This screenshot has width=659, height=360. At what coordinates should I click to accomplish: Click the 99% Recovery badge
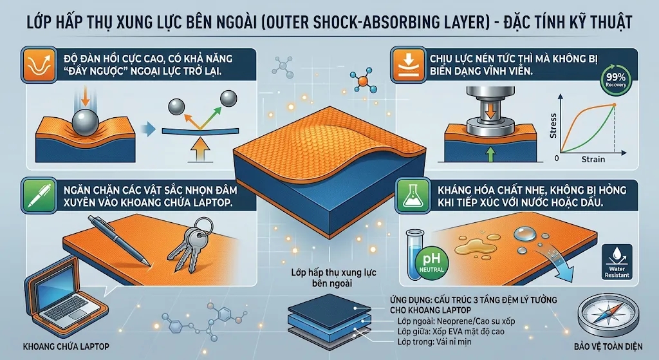tap(616, 80)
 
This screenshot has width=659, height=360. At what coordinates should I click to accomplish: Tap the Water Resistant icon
tap(617, 262)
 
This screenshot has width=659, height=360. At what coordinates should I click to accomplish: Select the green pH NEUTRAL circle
tap(431, 263)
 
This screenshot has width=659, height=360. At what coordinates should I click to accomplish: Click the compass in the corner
tap(608, 315)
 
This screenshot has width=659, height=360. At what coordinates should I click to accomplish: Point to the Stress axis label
tap(553, 126)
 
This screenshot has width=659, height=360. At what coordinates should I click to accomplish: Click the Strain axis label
tap(593, 159)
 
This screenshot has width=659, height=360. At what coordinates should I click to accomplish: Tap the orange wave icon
tap(39, 65)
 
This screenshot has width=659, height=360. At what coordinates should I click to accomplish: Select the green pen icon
tap(39, 194)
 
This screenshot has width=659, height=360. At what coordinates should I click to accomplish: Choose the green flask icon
tap(412, 194)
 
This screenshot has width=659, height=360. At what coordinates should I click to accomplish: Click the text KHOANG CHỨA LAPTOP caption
tap(66, 346)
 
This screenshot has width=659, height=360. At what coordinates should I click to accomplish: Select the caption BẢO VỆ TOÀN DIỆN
tap(608, 346)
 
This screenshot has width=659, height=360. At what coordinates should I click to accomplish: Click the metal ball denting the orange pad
tap(86, 122)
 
